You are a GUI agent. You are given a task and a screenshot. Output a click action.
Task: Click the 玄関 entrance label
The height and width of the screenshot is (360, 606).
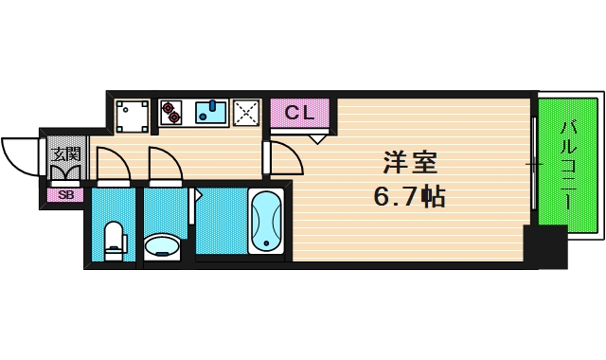tap(65, 153)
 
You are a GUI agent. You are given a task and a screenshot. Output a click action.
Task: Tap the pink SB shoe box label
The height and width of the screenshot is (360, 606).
tap(65, 195)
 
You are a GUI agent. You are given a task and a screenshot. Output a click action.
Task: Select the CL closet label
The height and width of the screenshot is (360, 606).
tap(299, 113)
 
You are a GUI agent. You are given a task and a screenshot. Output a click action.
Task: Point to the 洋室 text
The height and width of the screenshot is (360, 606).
tap(409, 162)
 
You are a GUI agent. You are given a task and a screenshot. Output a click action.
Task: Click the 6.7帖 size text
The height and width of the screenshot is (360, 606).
tap(409, 197)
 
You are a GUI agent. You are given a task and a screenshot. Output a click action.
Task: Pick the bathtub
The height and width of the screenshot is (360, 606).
tap(266, 222)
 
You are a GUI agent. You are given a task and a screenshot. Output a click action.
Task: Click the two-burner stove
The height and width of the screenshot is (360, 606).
tap(171, 112)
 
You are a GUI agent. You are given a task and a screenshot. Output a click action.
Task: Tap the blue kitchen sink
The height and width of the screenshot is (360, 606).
tap(212, 113)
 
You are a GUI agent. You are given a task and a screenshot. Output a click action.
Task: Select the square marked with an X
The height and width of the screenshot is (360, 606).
tap(246, 113)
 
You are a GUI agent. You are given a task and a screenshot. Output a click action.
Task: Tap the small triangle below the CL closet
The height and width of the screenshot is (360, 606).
tap(317, 137)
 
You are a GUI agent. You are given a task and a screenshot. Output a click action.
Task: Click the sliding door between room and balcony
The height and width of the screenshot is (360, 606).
tap(533, 166)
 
